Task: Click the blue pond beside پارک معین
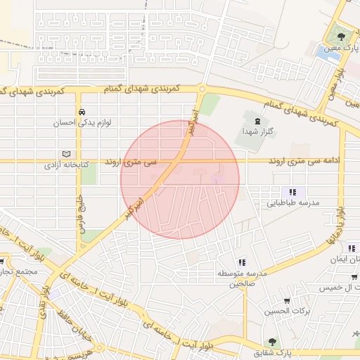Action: pyautogui.click(x=326, y=51)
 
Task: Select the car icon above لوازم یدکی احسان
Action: pyautogui.click(x=82, y=112)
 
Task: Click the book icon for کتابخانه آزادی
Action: pyautogui.click(x=67, y=154)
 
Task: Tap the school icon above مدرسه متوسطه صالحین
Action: pyautogui.click(x=241, y=262)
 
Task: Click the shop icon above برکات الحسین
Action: pyautogui.click(x=287, y=301)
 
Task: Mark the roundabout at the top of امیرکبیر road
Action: pyautogui.click(x=202, y=89)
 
